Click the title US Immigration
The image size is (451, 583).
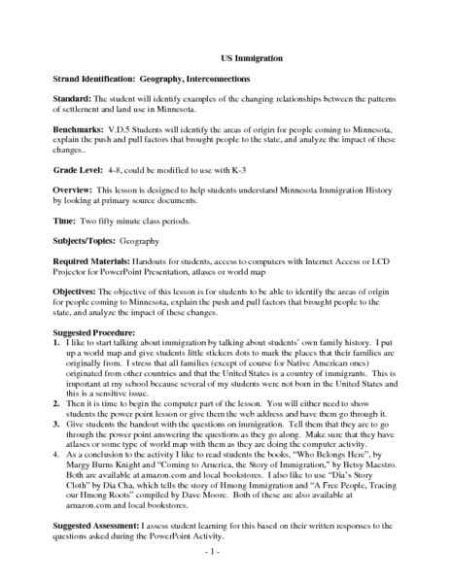click(x=225, y=57)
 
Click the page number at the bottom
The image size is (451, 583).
click(x=226, y=554)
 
